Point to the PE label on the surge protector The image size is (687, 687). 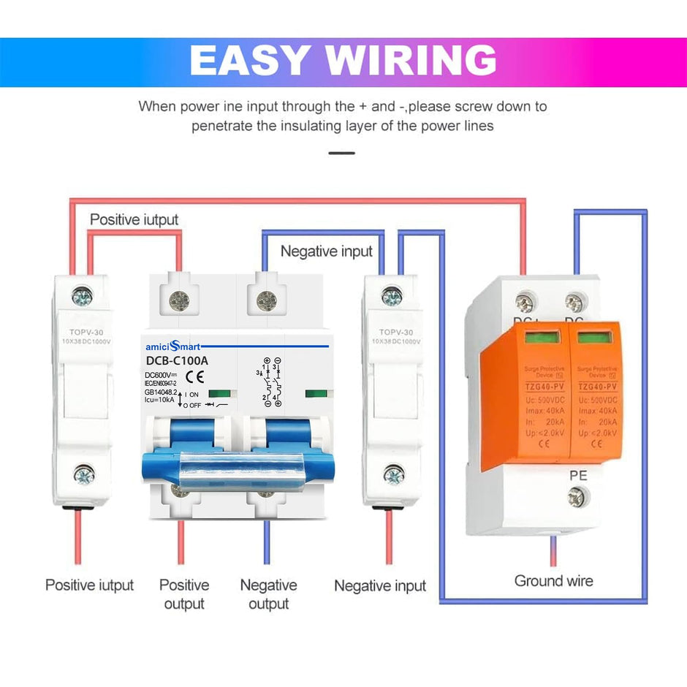coord(578,476)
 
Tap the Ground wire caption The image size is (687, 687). coord(553,581)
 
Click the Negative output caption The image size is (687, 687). coord(268,594)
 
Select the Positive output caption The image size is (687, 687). coord(184,594)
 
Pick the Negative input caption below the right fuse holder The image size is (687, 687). coord(379,585)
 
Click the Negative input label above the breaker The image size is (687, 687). coord(327,251)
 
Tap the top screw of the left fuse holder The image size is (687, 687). coord(83,297)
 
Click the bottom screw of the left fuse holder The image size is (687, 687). coord(83,477)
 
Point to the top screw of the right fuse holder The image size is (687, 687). coord(392,297)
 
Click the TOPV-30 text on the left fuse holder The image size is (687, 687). coord(82,330)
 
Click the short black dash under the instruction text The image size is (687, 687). coord(342,153)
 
